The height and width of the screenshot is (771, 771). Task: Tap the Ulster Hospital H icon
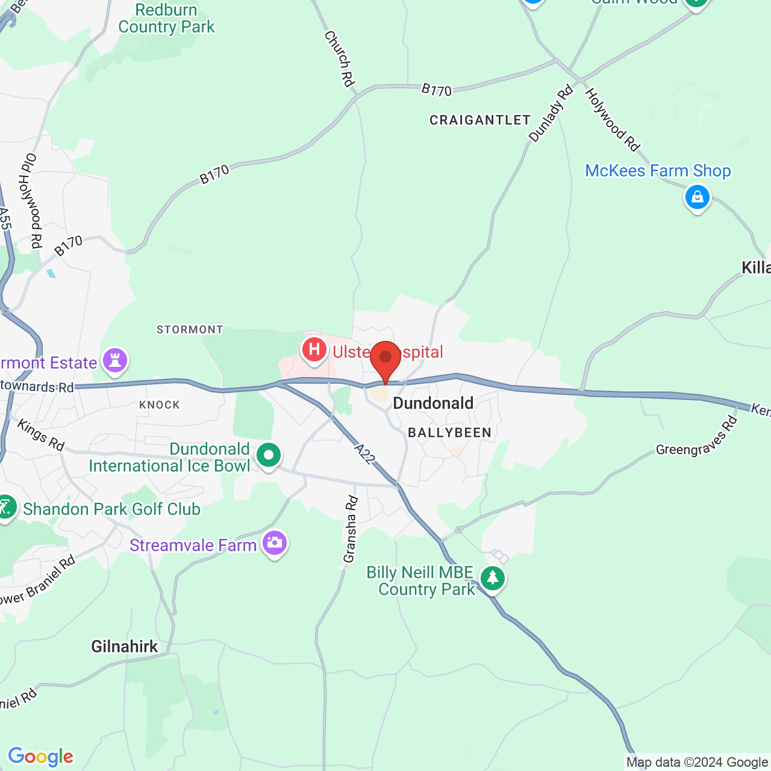click(314, 350)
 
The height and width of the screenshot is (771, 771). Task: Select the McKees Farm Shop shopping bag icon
click(697, 198)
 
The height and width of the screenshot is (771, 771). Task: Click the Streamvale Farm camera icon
click(275, 543)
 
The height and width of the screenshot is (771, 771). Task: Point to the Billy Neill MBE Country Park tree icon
click(493, 578)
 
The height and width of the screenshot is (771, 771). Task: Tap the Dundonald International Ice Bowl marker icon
click(269, 456)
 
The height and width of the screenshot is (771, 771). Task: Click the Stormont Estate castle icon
click(114, 361)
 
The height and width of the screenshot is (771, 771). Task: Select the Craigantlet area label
click(480, 120)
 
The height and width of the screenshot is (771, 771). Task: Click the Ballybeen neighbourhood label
click(450, 432)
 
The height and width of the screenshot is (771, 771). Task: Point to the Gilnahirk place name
click(125, 647)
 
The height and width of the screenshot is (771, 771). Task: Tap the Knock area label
click(160, 405)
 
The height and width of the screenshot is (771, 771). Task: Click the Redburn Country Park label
click(166, 19)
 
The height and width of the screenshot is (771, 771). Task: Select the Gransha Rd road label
click(351, 529)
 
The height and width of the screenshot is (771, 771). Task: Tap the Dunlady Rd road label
click(551, 114)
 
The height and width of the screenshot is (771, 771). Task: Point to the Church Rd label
click(339, 58)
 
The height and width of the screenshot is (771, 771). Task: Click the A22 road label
click(365, 454)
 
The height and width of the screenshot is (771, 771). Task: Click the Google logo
click(41, 757)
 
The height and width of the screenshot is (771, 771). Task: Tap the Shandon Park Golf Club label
click(111, 510)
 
